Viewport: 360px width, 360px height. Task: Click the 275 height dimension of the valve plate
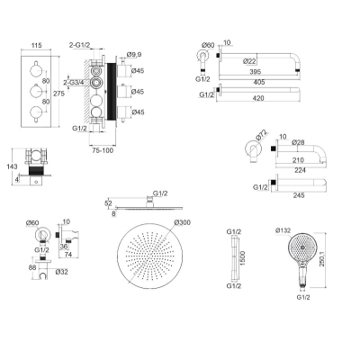[x=58, y=94]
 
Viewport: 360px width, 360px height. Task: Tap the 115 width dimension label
[x=36, y=46]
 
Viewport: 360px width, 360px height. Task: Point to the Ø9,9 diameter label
[x=134, y=55]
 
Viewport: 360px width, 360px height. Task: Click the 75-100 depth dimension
[x=103, y=150]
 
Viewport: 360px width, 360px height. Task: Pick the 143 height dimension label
[x=13, y=166]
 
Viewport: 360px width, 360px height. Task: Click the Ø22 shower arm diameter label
[x=249, y=61]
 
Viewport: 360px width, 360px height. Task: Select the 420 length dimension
[x=258, y=98]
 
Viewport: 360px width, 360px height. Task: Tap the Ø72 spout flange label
[x=262, y=136]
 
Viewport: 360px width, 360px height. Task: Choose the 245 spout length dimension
[x=299, y=195]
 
